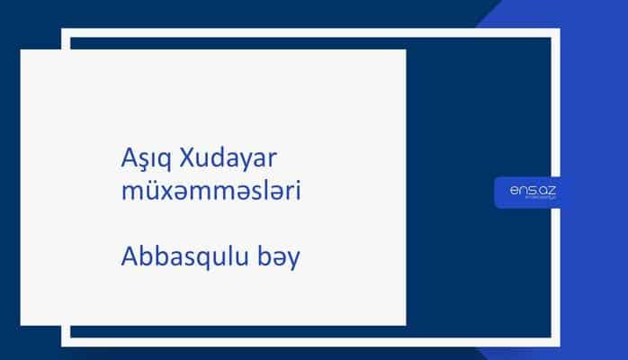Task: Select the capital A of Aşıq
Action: [127, 158]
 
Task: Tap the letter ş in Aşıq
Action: [142, 161]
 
